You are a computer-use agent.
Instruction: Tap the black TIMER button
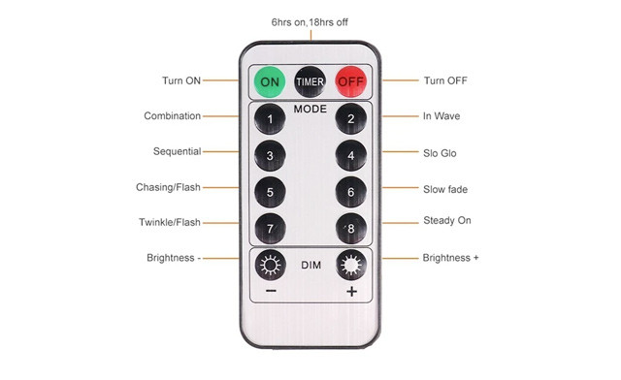pos(310,81)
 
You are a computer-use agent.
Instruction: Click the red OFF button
pos(350,81)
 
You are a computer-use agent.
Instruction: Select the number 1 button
pos(270,119)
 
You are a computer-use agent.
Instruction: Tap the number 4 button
pos(350,155)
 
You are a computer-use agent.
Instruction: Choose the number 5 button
pos(270,191)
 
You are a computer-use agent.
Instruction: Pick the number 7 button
pos(270,228)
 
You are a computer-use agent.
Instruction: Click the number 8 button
pos(350,228)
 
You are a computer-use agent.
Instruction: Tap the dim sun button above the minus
pos(270,265)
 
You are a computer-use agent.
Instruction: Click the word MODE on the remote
pos(310,110)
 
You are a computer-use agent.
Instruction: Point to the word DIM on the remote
pos(310,264)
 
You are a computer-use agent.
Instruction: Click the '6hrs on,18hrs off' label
pos(310,21)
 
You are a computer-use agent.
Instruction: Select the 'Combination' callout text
pos(172,116)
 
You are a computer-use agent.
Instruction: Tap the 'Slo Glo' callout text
pos(440,153)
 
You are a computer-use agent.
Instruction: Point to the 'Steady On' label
pos(447,221)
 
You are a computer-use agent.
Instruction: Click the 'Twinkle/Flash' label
pos(170,223)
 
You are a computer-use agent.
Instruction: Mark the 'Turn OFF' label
pos(445,80)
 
